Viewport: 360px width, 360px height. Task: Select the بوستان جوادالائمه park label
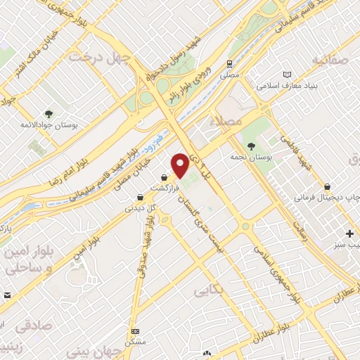48,124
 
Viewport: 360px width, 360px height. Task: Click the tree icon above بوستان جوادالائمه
49,113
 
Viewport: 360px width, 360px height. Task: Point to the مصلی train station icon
229,63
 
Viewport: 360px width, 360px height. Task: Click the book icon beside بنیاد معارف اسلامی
285,74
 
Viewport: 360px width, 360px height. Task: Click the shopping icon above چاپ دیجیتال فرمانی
328,187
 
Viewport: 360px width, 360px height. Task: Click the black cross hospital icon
350,233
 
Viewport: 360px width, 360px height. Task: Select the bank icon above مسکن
135,331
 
